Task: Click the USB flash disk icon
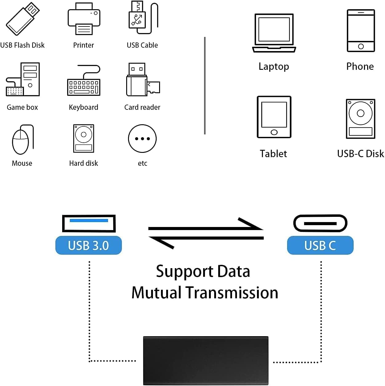click(x=22, y=19)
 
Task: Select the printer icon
click(x=84, y=19)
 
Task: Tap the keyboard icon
click(x=84, y=81)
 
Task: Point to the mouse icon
click(x=22, y=140)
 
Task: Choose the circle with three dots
click(x=142, y=139)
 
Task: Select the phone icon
click(x=361, y=30)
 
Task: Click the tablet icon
click(x=274, y=117)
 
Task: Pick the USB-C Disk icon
click(x=360, y=119)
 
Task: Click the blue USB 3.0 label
click(x=89, y=245)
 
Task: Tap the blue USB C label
click(x=320, y=245)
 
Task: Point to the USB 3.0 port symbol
click(x=89, y=223)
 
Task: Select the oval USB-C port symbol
click(x=320, y=223)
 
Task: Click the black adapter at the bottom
click(x=206, y=360)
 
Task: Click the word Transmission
click(x=232, y=292)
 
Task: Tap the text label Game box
click(x=22, y=107)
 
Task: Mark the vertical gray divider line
click(x=205, y=86)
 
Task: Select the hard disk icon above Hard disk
click(x=83, y=138)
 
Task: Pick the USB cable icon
click(x=142, y=18)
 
